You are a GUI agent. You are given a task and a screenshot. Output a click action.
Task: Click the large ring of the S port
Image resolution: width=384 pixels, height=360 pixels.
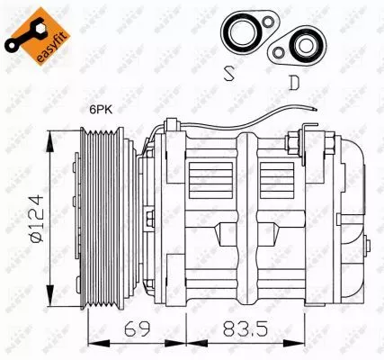tap(243, 32)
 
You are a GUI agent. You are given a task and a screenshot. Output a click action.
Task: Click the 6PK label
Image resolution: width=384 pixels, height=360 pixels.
tap(102, 110)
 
